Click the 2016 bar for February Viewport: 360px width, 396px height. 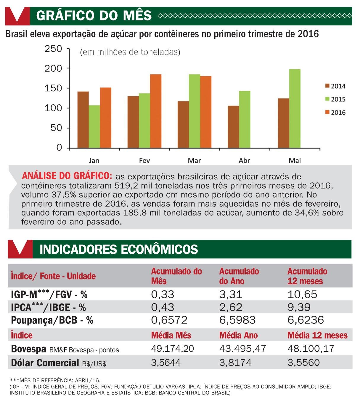pos(155,111)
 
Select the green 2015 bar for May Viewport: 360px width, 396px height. pos(295,108)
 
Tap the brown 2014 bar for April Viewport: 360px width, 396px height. pos(233,127)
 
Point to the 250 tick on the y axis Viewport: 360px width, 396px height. pos(53,49)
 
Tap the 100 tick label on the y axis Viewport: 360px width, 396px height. pos(53,108)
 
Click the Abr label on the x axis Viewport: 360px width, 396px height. pos(244,161)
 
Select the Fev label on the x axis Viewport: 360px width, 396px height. pos(144,161)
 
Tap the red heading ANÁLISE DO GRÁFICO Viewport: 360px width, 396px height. pos(67,176)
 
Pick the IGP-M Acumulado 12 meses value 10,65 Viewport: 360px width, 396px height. pos(302,294)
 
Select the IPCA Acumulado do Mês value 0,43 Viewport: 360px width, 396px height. pos(163,307)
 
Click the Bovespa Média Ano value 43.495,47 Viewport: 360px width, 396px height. pos(242,349)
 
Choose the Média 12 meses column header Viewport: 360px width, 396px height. pos(317,336)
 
